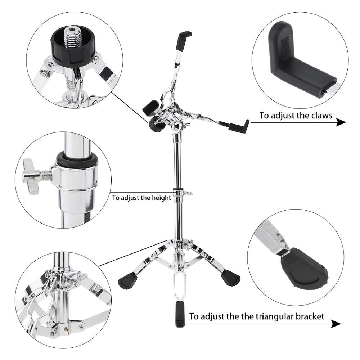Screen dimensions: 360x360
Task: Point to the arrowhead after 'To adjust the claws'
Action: point(341,122)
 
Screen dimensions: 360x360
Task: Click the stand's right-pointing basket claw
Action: point(239,126)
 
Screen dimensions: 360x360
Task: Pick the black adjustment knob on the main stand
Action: point(156,125)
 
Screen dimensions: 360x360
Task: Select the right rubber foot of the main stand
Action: point(230,278)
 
